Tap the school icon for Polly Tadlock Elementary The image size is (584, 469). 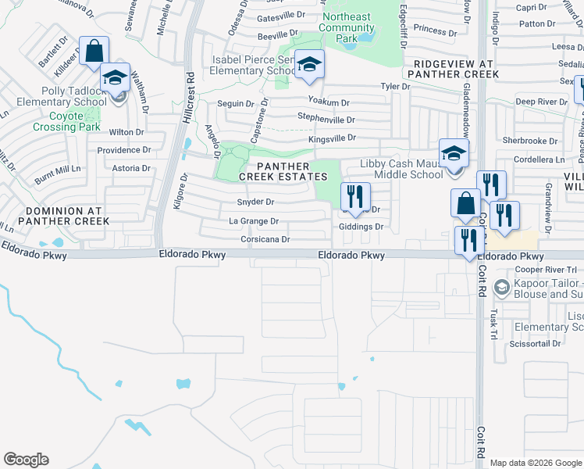click(x=115, y=77)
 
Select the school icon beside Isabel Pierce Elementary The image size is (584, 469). click(x=309, y=66)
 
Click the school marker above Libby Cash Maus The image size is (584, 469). click(x=453, y=152)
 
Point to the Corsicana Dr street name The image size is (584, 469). click(x=265, y=239)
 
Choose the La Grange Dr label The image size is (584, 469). click(x=253, y=222)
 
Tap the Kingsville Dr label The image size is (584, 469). click(x=331, y=138)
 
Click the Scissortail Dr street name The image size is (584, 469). click(x=535, y=343)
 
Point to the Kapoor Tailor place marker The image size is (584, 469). click(x=501, y=288)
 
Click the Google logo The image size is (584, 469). click(x=27, y=460)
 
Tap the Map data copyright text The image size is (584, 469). click(x=535, y=463)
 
